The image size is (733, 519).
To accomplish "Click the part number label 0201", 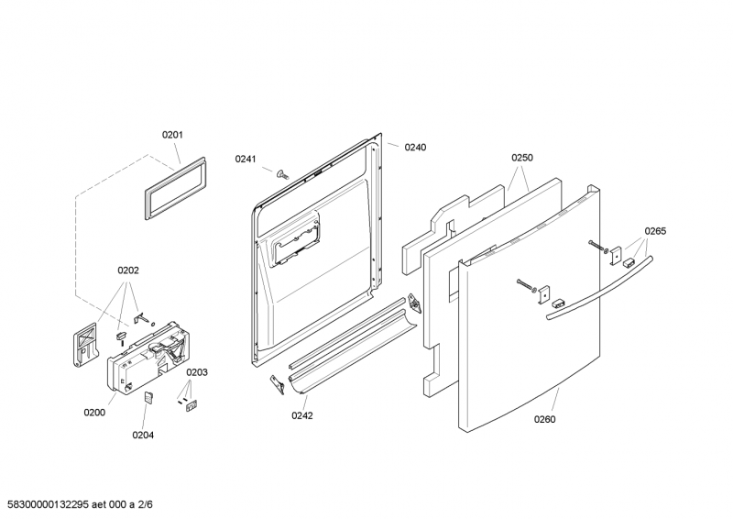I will click(172, 136).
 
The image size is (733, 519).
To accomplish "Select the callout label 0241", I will click(245, 160).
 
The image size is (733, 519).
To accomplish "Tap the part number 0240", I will click(416, 147).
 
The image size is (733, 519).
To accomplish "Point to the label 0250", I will click(522, 158).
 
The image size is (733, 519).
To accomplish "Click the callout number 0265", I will click(655, 231).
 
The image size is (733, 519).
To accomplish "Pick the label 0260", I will click(545, 419).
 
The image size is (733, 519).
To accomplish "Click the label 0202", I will click(128, 271).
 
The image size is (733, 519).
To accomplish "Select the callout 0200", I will click(94, 413).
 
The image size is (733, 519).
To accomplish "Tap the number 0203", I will click(198, 372).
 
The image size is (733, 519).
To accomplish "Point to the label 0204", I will click(142, 435).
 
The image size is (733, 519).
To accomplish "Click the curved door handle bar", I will click(599, 290).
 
